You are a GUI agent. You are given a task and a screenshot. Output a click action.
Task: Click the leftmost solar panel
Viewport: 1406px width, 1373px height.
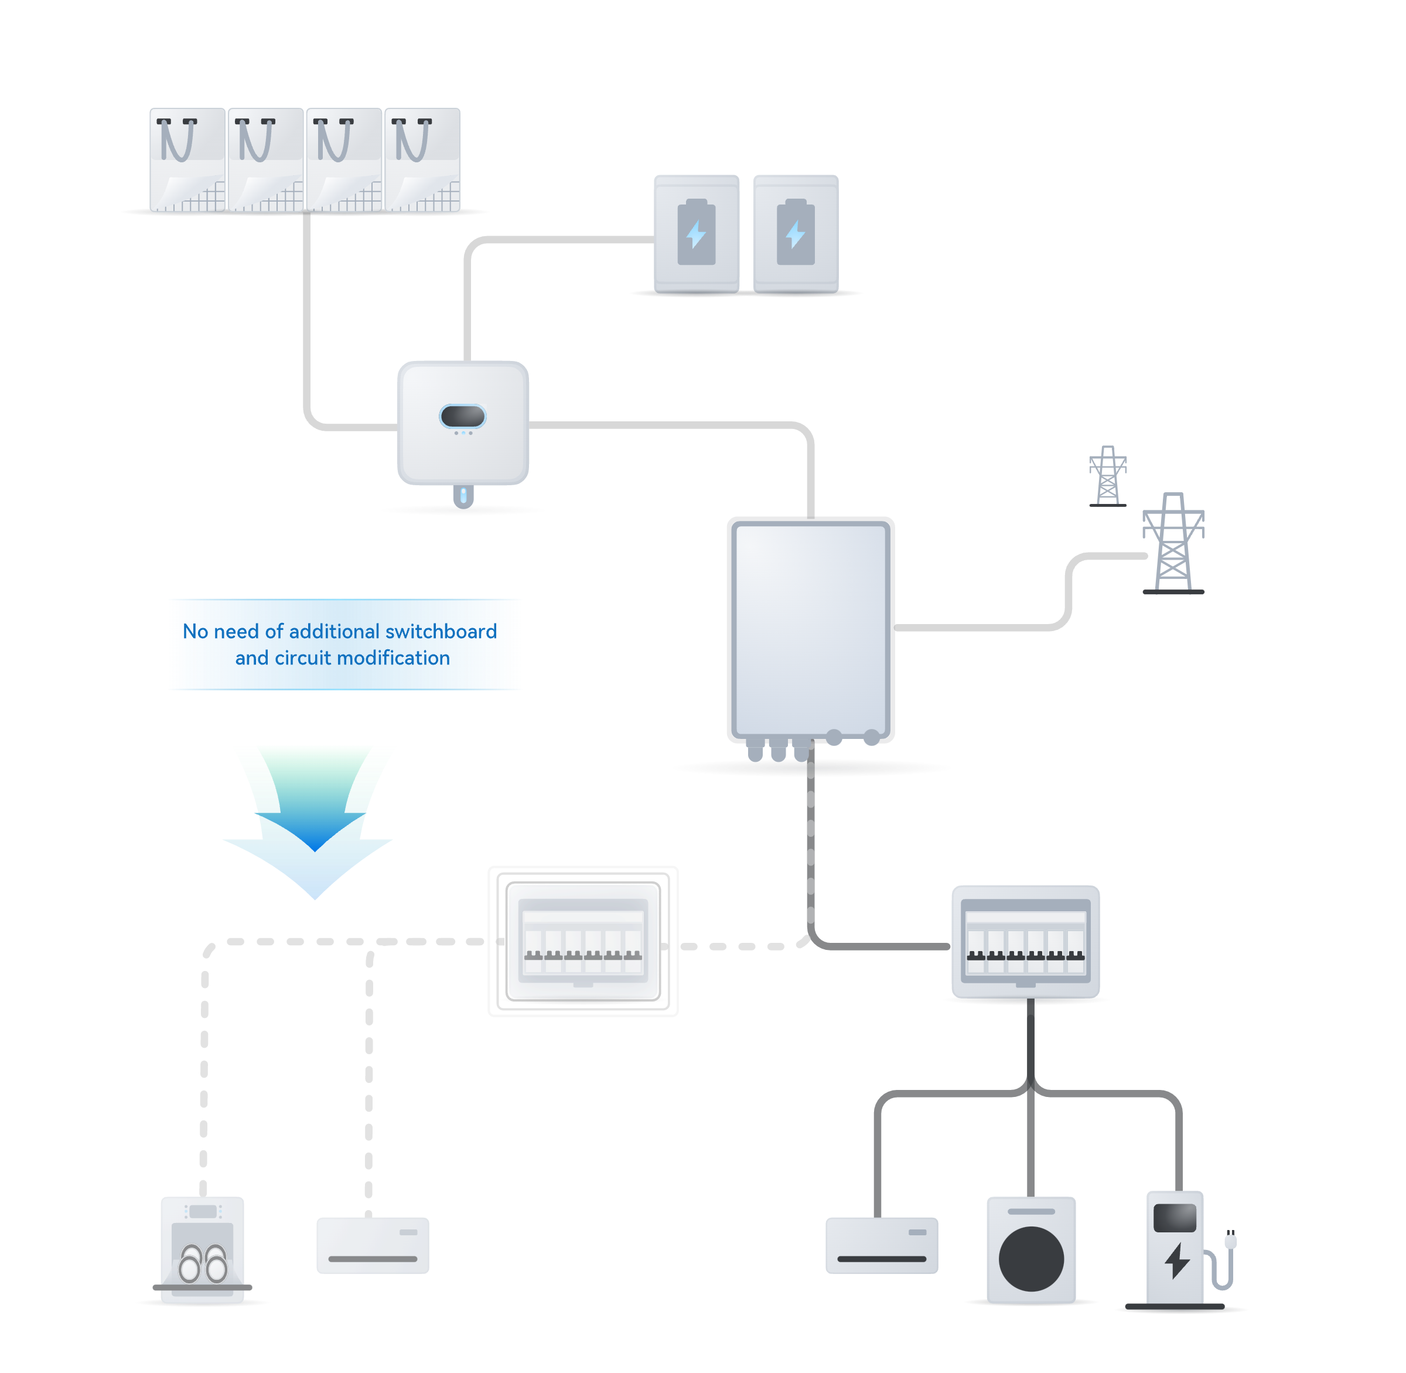pyautogui.click(x=187, y=159)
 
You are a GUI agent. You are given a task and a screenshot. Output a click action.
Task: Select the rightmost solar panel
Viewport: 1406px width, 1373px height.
pyautogui.click(x=422, y=159)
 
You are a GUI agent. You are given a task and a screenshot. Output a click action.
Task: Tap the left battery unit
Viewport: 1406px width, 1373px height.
pyautogui.click(x=697, y=234)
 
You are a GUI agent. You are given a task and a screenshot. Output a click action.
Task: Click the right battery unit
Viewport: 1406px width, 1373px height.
pyautogui.click(x=796, y=234)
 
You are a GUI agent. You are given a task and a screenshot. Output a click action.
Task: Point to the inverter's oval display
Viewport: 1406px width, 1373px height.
pyautogui.click(x=463, y=416)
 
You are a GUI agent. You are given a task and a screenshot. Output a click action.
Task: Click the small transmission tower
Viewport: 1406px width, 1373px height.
pyautogui.click(x=1107, y=476)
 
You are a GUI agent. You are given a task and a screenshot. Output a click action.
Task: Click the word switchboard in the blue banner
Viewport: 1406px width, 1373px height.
pyautogui.click(x=441, y=632)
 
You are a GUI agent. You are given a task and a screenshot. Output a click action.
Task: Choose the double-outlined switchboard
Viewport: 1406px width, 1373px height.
pyautogui.click(x=582, y=941)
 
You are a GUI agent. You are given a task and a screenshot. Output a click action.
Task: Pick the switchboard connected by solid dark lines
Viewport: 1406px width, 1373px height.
pyautogui.click(x=1025, y=941)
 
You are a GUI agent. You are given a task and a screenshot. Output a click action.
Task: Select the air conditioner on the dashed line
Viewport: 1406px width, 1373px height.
pyautogui.click(x=373, y=1245)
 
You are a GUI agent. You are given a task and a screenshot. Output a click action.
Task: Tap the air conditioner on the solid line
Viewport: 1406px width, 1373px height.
pyautogui.click(x=882, y=1245)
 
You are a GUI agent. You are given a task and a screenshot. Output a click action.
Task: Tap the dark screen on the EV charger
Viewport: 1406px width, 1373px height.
pyautogui.click(x=1175, y=1218)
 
